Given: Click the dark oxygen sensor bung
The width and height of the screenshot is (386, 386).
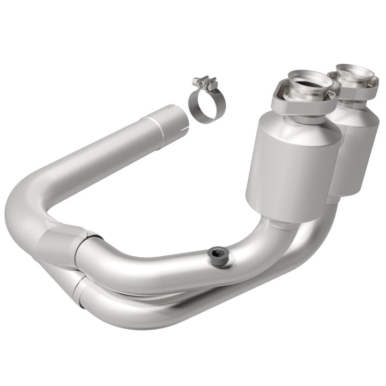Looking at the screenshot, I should tap(218, 254).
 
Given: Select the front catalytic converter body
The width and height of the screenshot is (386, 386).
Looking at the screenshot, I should tap(292, 161).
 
